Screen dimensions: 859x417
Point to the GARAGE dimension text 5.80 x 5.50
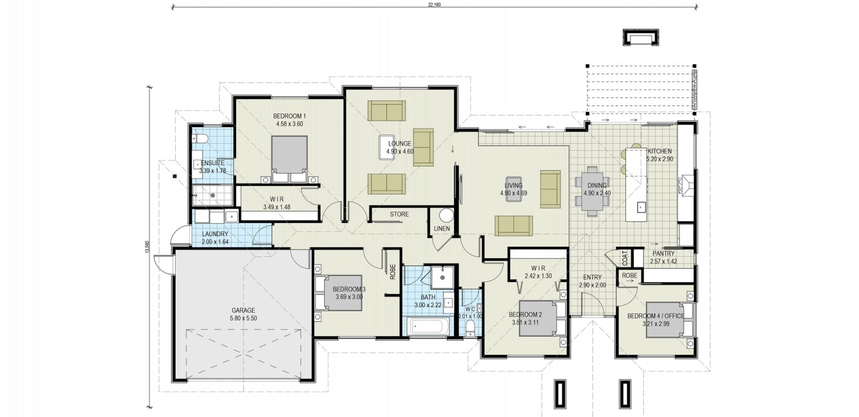click(243, 318)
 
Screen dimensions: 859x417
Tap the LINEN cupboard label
click(442, 229)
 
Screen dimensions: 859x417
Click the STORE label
click(399, 214)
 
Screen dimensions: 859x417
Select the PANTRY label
click(664, 253)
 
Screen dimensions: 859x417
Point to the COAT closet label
click(624, 258)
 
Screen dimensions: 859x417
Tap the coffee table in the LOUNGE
click(388, 147)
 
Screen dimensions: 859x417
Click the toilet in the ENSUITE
click(200, 138)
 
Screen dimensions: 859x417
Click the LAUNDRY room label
click(215, 234)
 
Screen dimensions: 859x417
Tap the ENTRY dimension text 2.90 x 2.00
click(592, 285)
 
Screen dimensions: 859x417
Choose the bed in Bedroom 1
click(289, 159)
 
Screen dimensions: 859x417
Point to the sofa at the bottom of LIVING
click(514, 225)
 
